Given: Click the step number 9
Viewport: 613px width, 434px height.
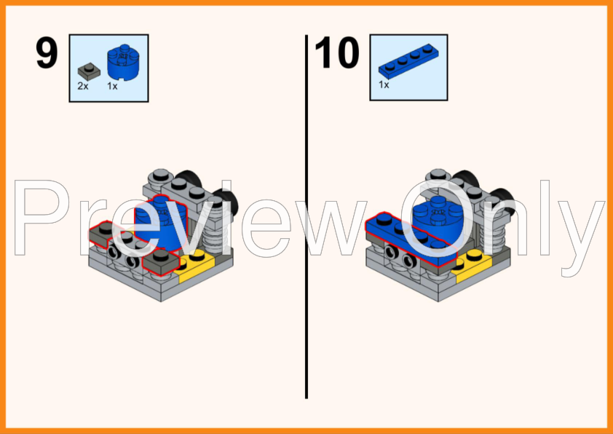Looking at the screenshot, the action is point(47,53).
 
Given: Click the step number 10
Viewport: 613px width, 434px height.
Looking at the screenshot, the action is point(336,53).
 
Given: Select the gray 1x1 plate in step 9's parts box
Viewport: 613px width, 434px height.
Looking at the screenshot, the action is point(89,71).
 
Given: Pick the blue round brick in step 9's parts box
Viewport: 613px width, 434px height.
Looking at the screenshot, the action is point(123,62).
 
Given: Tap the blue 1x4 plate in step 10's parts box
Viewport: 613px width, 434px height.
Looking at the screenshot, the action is point(408,59).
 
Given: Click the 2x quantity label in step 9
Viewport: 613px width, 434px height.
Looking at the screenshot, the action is point(83,86).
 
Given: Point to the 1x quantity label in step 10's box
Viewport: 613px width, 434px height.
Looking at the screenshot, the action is point(384,84).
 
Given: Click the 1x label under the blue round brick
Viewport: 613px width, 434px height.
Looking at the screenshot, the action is point(112,86).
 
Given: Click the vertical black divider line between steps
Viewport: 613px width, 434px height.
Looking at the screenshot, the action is point(306,216).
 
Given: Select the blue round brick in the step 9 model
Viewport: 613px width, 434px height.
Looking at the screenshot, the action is point(161,223).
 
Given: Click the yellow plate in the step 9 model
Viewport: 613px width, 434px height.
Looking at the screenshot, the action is point(194,262).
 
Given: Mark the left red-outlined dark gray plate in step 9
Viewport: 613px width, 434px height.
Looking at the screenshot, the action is point(103,233).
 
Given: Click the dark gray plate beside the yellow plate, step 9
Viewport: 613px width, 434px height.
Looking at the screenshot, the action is point(161,262).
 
